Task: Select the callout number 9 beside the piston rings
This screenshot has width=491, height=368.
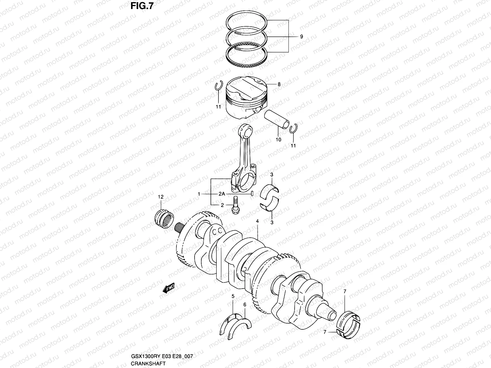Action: [301, 36]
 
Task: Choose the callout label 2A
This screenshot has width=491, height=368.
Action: [222, 194]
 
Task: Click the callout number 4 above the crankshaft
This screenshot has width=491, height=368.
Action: [257, 221]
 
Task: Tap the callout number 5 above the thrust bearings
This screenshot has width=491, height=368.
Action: [233, 296]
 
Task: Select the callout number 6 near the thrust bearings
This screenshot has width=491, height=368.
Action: [245, 305]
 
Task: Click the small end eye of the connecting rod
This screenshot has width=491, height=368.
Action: [247, 130]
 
